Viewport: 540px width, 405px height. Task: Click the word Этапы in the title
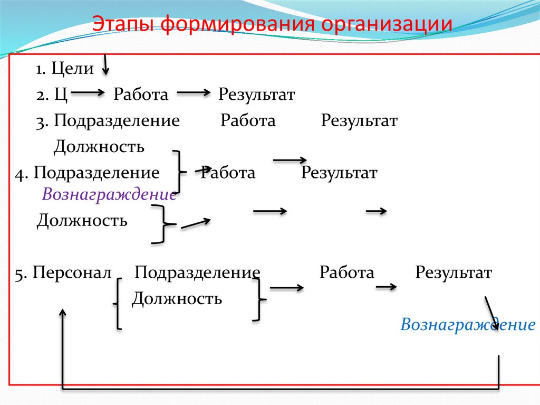click(x=123, y=25)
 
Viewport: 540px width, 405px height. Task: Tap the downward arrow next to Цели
click(x=105, y=64)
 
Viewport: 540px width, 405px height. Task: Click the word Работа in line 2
click(x=141, y=95)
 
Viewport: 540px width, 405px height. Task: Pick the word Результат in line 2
click(x=257, y=95)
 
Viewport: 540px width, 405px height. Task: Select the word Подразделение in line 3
click(x=116, y=121)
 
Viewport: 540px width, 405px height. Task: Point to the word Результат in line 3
click(x=359, y=121)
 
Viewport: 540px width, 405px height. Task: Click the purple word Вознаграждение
click(x=109, y=194)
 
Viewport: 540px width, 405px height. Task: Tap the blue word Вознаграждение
click(x=468, y=324)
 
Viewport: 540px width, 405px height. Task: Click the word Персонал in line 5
click(x=72, y=273)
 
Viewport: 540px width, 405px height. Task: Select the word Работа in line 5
click(x=346, y=273)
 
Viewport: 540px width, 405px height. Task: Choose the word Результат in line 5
click(x=454, y=273)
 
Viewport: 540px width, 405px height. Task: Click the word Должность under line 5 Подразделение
click(x=177, y=299)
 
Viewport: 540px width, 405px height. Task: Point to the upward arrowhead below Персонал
click(x=63, y=314)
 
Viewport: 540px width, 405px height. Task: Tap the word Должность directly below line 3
click(x=99, y=146)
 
